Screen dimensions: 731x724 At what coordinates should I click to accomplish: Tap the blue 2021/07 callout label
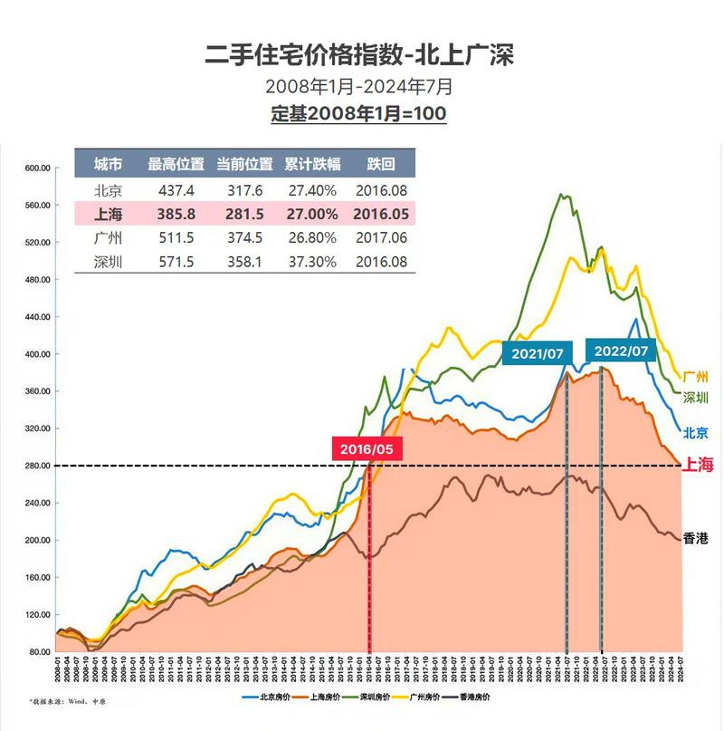click(x=538, y=352)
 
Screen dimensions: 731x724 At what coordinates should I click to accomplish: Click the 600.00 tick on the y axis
click(x=36, y=168)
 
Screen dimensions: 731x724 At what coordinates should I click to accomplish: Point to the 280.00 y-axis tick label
click(x=36, y=466)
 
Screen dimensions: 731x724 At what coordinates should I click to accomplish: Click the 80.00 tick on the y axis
click(x=38, y=652)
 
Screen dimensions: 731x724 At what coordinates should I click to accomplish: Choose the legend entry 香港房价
click(x=470, y=697)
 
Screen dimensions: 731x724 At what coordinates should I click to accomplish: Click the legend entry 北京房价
click(x=269, y=697)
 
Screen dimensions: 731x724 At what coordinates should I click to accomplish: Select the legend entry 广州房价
click(x=419, y=697)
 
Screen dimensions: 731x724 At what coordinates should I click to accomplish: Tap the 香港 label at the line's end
click(x=694, y=538)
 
